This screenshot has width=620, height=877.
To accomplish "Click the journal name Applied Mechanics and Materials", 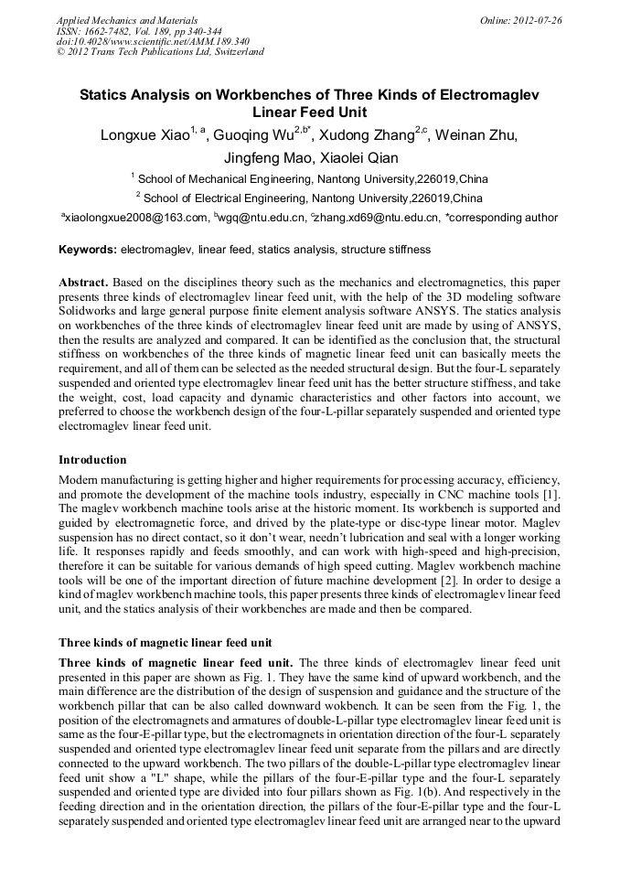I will click(x=127, y=20).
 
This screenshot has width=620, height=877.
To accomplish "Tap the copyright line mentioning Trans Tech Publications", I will click(x=160, y=52).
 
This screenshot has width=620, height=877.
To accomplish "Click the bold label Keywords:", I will click(x=88, y=250).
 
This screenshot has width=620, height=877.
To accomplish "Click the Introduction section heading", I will click(x=92, y=460).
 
